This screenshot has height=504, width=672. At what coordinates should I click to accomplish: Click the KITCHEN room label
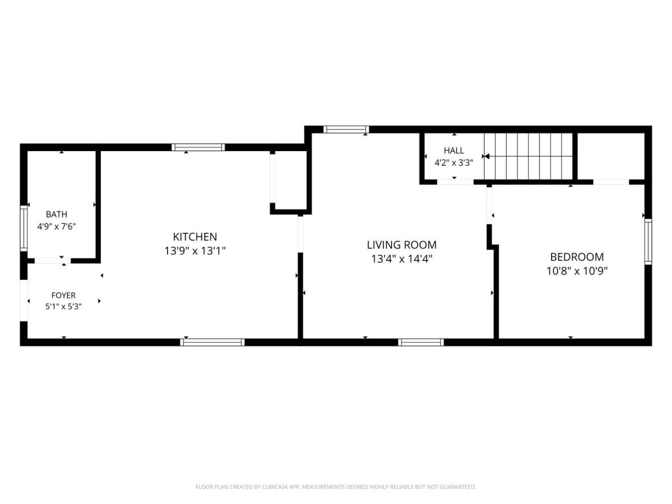(x=195, y=236)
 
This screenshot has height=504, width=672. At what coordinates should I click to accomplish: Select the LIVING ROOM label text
(x=402, y=245)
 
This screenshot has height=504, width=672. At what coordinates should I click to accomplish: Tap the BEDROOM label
(x=577, y=257)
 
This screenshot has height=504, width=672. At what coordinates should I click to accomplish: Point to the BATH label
(x=57, y=214)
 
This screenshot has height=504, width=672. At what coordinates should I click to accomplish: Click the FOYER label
(x=63, y=295)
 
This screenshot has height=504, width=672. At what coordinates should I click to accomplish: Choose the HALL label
(x=454, y=151)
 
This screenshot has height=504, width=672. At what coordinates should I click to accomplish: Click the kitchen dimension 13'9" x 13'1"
(x=195, y=251)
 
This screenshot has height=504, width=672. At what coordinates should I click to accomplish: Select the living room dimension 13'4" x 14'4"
(x=402, y=259)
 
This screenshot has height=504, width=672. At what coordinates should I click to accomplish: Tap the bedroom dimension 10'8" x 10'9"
(x=577, y=271)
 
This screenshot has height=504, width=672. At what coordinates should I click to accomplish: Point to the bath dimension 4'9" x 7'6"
(x=57, y=227)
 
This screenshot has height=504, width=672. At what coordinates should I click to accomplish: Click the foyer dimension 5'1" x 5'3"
(x=63, y=306)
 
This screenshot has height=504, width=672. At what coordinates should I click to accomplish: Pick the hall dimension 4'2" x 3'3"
(x=454, y=163)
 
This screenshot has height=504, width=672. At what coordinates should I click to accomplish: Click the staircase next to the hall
(x=528, y=156)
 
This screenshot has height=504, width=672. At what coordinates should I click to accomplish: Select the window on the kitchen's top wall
(x=198, y=147)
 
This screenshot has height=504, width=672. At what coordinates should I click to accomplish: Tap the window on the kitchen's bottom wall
(x=212, y=342)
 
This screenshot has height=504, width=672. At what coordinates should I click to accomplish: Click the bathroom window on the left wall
(x=24, y=228)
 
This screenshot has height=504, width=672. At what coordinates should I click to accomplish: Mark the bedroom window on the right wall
(x=648, y=241)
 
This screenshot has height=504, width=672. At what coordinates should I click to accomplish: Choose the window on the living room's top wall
(x=346, y=129)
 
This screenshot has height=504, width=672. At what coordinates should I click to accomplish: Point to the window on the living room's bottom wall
(x=421, y=342)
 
